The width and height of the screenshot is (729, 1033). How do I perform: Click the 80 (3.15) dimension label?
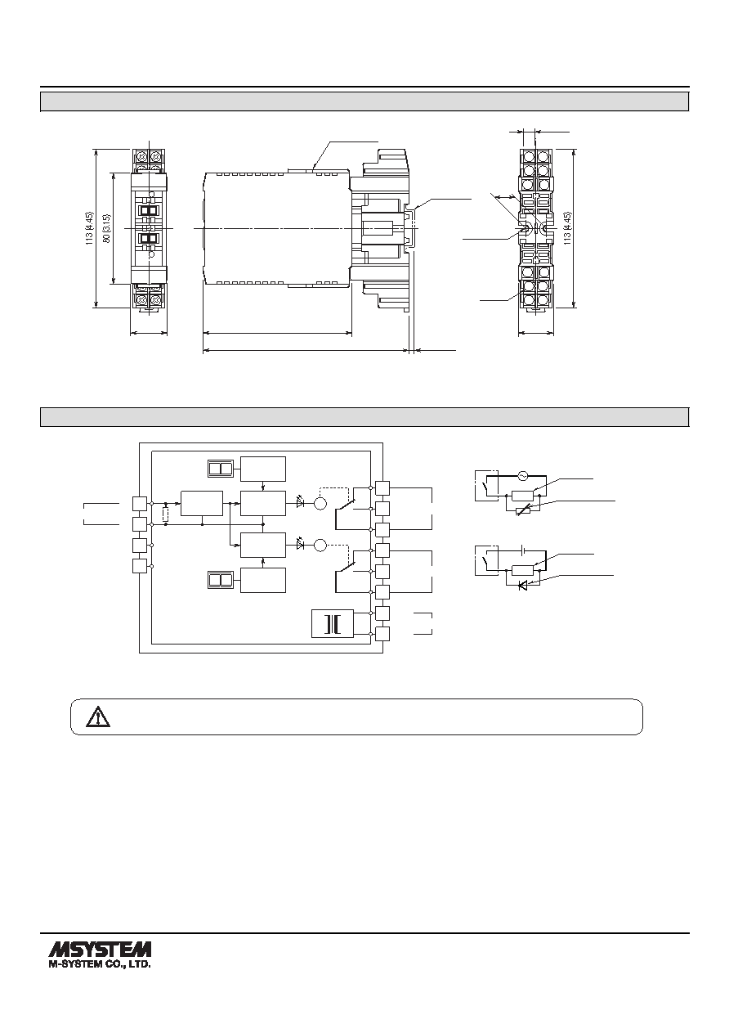[x=107, y=228]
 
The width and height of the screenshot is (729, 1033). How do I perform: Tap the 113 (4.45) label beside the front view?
[x=89, y=228]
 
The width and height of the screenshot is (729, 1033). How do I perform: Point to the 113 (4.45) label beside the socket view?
[x=567, y=228]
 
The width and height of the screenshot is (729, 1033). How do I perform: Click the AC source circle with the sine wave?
[x=522, y=474]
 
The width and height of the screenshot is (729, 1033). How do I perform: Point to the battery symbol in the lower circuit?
[x=522, y=550]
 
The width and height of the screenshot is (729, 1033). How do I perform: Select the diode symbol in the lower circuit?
[x=522, y=586]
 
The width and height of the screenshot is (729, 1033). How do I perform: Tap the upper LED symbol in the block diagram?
[x=301, y=503]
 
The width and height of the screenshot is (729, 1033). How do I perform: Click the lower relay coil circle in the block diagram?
[x=320, y=546]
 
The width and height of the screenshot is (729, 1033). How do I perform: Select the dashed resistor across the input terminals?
[x=165, y=514]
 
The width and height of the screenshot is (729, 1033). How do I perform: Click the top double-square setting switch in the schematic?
[x=221, y=469]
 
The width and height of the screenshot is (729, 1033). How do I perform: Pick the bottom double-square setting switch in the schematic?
[x=221, y=580]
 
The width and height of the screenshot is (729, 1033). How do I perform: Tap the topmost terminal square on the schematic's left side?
[x=140, y=504]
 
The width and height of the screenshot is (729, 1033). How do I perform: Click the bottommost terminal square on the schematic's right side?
[x=382, y=634]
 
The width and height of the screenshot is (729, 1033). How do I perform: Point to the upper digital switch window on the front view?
[x=150, y=211]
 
